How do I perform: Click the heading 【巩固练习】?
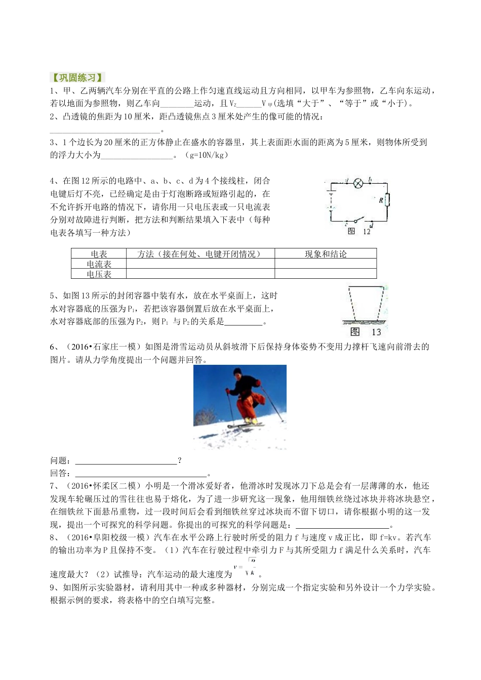coord(77,78)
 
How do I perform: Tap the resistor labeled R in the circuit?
coord(387,200)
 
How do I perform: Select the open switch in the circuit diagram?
coord(358,221)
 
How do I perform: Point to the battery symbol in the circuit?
coord(331,200)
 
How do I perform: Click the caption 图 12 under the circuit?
coord(359,232)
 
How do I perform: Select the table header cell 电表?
coord(99,254)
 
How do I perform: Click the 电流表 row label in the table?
coord(99,264)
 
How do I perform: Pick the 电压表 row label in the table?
coord(99,274)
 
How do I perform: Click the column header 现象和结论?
coord(326,254)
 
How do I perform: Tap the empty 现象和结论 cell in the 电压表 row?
coord(326,274)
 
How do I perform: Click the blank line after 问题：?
coord(126,461)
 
